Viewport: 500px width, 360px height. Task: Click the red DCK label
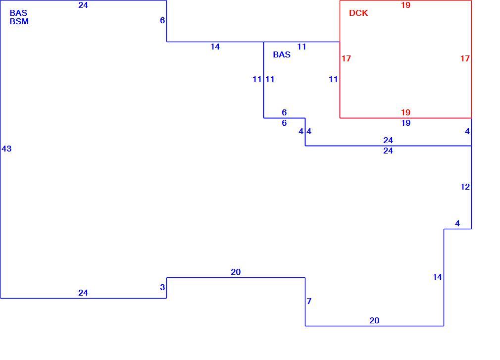coord(358,13)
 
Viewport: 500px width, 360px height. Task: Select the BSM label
coord(19,21)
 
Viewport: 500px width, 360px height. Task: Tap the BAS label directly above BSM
coord(18,13)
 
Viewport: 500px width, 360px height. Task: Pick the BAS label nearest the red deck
coord(282,54)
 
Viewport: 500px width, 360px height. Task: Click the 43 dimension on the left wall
coord(6,149)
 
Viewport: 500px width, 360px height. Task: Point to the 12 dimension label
coord(465,187)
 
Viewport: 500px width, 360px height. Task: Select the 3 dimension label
coord(162,287)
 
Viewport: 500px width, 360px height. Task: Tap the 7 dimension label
coord(309,301)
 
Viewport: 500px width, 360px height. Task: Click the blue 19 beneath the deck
coord(405,123)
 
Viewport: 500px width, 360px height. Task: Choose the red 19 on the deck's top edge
coord(405,5)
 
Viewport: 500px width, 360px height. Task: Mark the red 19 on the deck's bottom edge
coord(405,112)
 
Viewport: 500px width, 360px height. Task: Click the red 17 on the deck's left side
coord(346,58)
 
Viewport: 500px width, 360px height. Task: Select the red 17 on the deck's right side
coord(465,58)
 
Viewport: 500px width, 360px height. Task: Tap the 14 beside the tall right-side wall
coord(437,277)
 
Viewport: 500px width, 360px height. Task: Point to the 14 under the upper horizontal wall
coord(215,47)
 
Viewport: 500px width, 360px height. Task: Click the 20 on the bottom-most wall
coord(374,321)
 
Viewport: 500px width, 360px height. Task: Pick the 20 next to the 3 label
coord(236,272)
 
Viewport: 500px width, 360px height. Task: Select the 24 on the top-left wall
coord(83,5)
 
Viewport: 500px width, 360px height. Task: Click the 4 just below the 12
coord(457,223)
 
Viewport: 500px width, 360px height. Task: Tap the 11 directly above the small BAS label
coord(301,47)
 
